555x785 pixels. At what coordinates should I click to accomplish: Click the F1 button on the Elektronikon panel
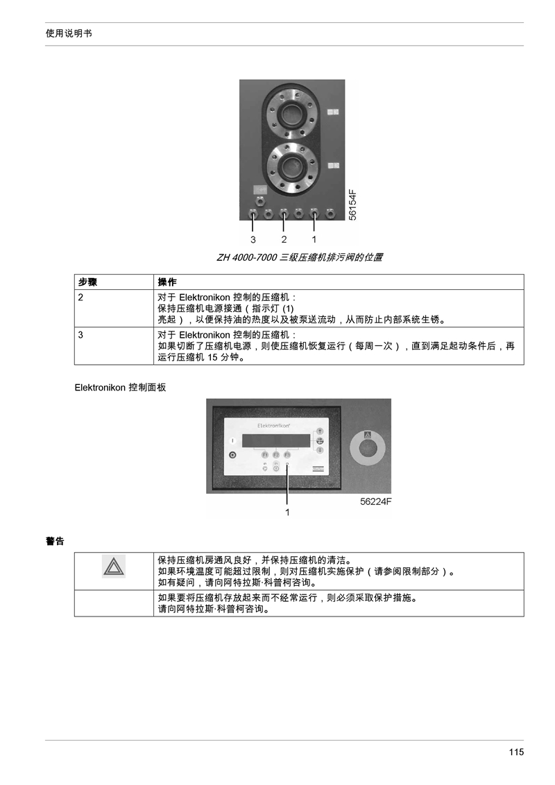[x=266, y=455]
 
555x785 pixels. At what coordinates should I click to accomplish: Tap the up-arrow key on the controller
[x=320, y=431]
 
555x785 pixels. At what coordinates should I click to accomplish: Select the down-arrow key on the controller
[x=320, y=450]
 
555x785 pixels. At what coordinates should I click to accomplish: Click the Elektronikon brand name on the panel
[x=273, y=426]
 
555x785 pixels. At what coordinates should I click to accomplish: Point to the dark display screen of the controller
[x=276, y=440]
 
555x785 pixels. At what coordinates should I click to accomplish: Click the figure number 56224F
[x=376, y=501]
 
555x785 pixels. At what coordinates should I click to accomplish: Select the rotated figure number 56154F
[x=352, y=205]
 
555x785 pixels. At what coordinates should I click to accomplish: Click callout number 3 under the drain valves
[x=253, y=240]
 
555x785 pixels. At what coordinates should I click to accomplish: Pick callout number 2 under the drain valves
[x=284, y=240]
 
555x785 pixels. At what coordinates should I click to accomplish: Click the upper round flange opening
[x=291, y=114]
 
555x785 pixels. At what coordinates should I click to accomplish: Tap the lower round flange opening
[x=291, y=168]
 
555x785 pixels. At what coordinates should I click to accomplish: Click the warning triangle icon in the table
[x=114, y=567]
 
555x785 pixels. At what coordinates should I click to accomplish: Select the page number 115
[x=516, y=752]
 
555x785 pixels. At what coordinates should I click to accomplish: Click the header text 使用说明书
[x=69, y=33]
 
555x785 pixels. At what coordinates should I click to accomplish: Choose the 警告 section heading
[x=55, y=541]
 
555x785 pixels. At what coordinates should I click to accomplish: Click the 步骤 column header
[x=87, y=282]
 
